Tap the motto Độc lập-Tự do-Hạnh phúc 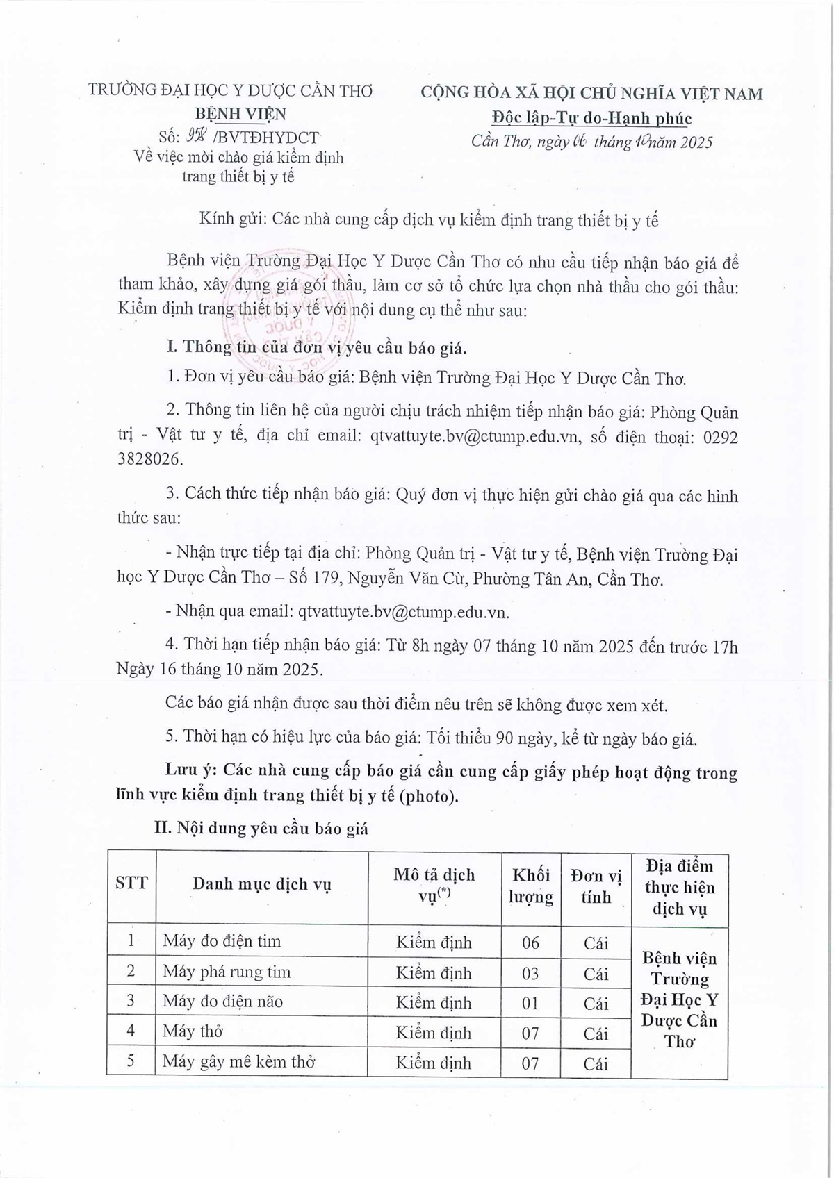(x=591, y=118)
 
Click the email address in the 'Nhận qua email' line (x=403, y=612)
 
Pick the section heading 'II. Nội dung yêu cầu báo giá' (x=261, y=828)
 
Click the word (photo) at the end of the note (x=429, y=795)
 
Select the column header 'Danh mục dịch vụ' (x=261, y=884)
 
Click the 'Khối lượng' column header (x=530, y=886)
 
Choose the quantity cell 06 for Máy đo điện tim (x=530, y=943)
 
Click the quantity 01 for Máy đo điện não (x=530, y=1003)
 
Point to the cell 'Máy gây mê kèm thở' (x=238, y=1062)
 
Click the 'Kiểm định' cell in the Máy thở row (x=434, y=1033)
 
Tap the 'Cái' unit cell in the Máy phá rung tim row (x=596, y=973)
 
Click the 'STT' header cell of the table (x=131, y=883)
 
